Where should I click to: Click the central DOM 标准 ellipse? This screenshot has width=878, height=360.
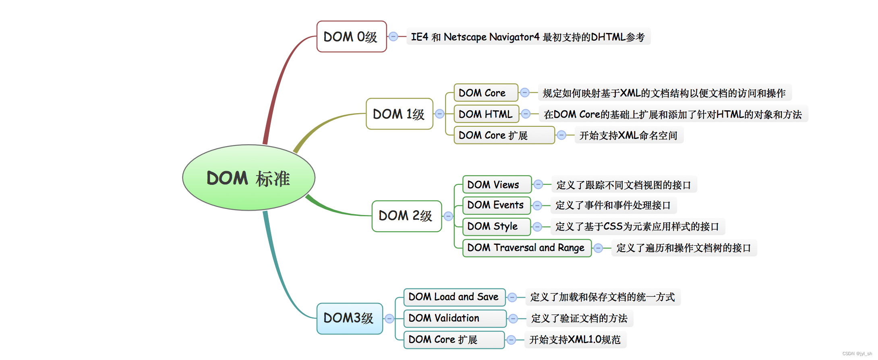248,178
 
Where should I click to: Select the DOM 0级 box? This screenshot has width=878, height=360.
351,37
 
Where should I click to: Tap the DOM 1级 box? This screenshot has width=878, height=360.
399,114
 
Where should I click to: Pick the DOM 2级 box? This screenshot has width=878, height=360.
406,216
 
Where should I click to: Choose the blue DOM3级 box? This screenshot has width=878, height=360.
349,318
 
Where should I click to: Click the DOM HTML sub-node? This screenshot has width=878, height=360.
486,114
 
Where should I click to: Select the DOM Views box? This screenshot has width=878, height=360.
496,184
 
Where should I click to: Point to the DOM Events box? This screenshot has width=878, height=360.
496,205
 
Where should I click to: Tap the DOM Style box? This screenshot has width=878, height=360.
496,226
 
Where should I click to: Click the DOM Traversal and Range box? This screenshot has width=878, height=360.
526,248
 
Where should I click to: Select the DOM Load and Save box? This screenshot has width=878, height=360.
454,297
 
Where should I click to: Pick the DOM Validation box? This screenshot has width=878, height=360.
454,318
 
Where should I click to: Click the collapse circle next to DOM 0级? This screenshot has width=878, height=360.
393,37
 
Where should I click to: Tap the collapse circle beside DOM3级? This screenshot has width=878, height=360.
389,319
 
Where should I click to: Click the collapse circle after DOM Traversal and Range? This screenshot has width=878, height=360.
598,248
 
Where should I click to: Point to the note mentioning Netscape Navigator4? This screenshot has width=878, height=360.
528,37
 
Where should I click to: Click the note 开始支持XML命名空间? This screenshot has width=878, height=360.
628,135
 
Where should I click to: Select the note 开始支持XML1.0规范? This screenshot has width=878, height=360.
575,339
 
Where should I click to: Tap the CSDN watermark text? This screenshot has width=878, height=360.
857,354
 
